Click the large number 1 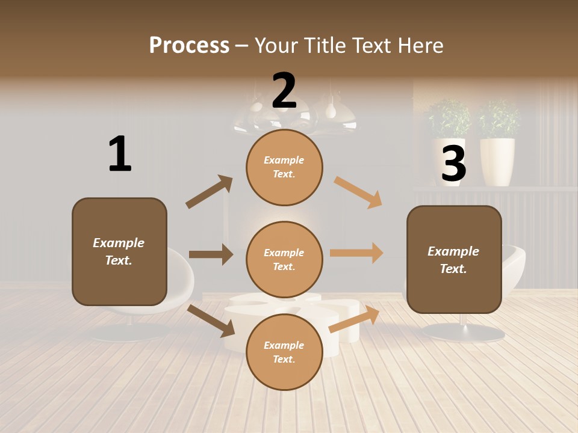[x=120, y=154]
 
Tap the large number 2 [x=284, y=91]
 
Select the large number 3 [x=453, y=163]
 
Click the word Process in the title [x=189, y=45]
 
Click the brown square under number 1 [x=119, y=251]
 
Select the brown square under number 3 [x=454, y=259]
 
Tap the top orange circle [x=284, y=167]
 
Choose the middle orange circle [x=284, y=259]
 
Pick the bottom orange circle [x=284, y=352]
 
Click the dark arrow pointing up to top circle [x=209, y=192]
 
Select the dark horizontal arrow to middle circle [x=211, y=254]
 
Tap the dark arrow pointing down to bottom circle [x=211, y=321]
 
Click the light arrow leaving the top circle [x=358, y=192]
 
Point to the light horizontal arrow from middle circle [x=356, y=253]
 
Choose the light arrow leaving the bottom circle [x=354, y=319]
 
